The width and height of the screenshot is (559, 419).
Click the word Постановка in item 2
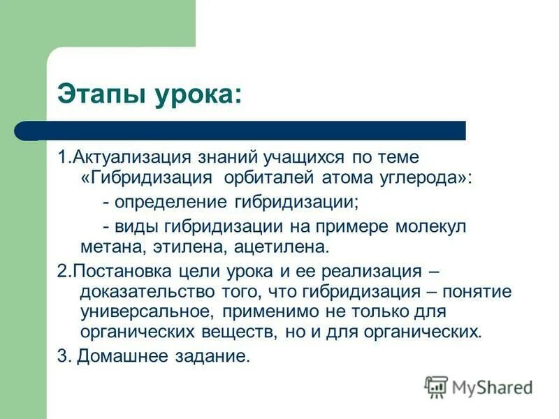click(115, 270)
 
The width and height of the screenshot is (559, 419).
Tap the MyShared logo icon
click(437, 386)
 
